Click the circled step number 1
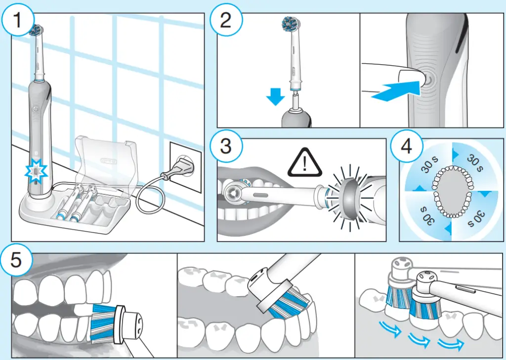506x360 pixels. [17, 20]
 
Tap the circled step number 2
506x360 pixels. [226, 20]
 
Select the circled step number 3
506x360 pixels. [226, 146]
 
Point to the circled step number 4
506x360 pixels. [407, 146]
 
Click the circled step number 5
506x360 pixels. [16, 260]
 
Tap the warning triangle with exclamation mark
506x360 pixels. [304, 162]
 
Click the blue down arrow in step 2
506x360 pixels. [275, 96]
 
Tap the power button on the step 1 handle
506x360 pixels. [36, 109]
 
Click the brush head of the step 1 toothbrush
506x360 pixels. [36, 30]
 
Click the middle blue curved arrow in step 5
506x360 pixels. [419, 340]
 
